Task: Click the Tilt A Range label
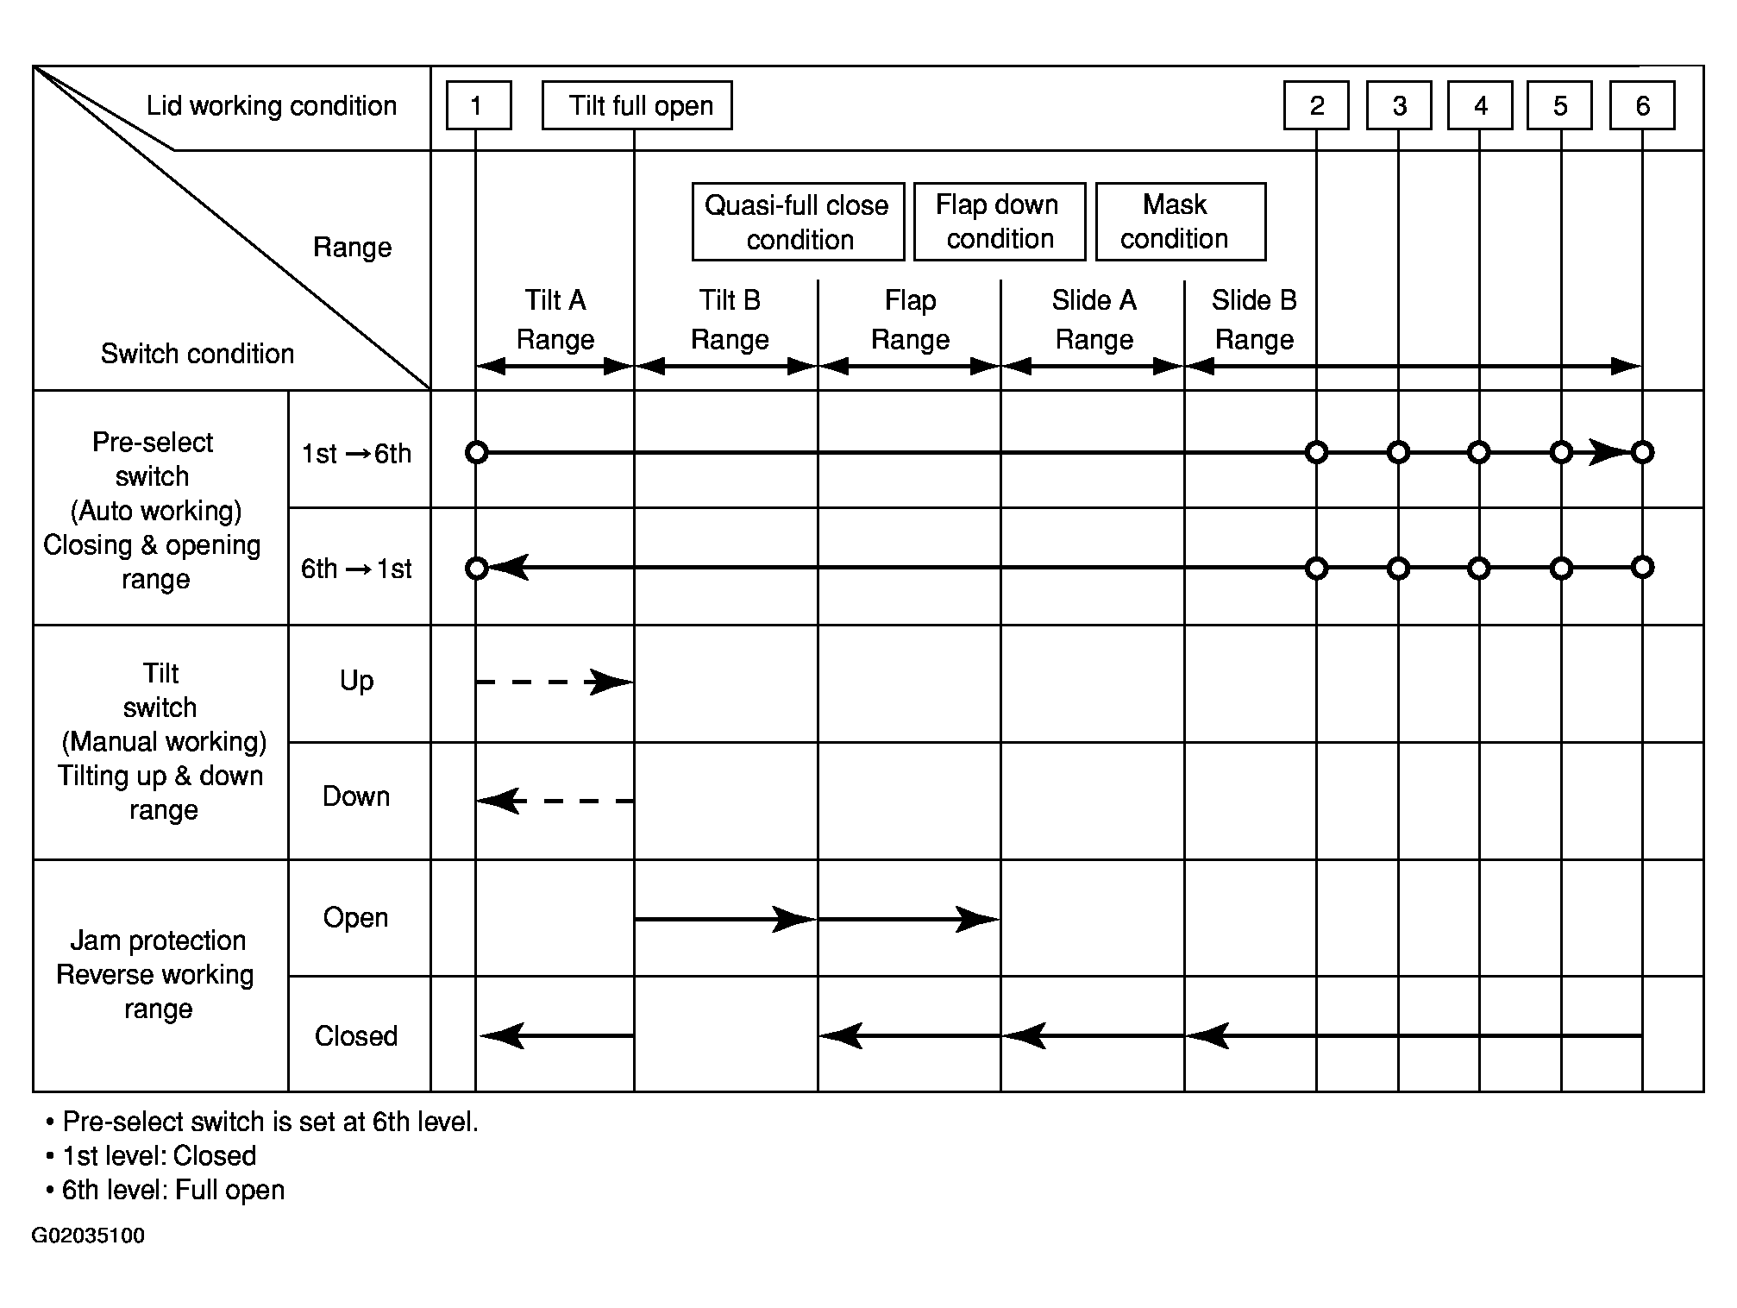[555, 319]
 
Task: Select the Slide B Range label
[1254, 319]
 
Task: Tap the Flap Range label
[910, 319]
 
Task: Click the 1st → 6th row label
[356, 454]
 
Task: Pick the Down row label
[356, 795]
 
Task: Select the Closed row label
[356, 1035]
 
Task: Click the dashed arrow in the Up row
[555, 682]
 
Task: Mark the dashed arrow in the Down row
[555, 801]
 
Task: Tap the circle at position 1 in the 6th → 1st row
[477, 568]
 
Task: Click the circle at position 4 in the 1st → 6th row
[1479, 452]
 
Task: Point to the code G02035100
[88, 1236]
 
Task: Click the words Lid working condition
[272, 106]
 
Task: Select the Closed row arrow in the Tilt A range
[556, 1035]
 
